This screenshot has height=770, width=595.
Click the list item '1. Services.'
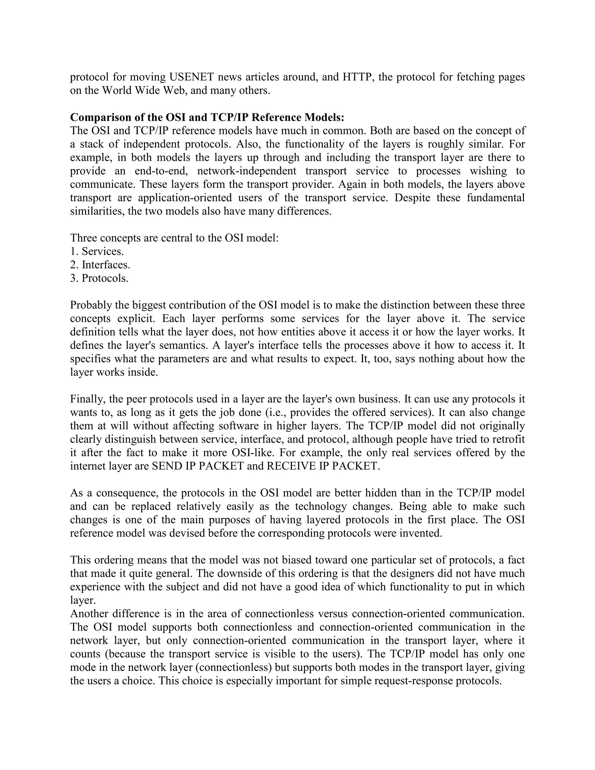coord(97,251)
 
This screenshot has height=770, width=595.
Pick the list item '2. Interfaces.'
coord(100,265)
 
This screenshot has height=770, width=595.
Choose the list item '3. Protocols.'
coord(99,278)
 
